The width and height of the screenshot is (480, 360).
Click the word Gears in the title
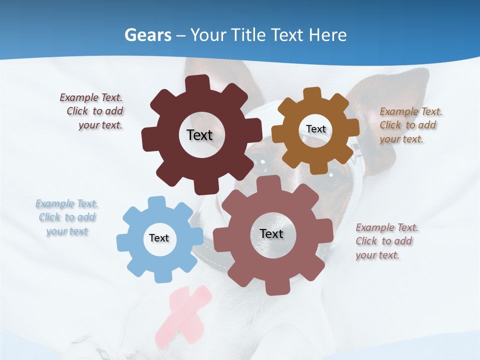click(148, 35)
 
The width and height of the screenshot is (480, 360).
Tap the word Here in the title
click(327, 35)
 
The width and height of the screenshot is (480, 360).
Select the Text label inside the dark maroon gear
click(199, 135)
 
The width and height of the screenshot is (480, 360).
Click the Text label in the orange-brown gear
click(316, 129)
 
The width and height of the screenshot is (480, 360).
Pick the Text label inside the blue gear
click(159, 238)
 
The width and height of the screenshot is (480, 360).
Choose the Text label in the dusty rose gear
click(271, 233)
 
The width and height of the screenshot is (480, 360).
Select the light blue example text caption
click(67, 217)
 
